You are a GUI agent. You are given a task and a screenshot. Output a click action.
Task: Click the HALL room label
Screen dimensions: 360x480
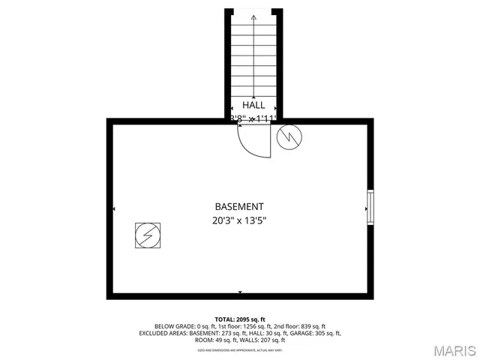tap(253, 105)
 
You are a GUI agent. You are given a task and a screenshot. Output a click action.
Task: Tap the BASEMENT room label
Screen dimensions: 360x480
tap(239, 206)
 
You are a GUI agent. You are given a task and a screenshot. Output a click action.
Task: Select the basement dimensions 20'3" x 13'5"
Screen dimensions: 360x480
tap(239, 220)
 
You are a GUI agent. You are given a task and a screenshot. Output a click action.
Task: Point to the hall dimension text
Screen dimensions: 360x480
tap(253, 118)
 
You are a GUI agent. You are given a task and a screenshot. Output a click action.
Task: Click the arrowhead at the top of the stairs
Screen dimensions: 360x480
tap(253, 16)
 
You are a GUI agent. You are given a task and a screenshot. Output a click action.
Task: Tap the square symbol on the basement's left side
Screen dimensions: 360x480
tap(147, 236)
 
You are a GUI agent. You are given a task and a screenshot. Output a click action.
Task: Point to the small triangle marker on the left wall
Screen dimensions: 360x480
tap(114, 208)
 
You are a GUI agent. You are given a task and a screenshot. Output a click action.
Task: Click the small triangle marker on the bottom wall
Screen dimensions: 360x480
tap(240, 291)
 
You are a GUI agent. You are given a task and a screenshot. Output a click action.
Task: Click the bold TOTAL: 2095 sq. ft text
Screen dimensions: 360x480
tap(240, 319)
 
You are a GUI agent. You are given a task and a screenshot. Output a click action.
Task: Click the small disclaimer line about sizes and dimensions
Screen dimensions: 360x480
tap(240, 349)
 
